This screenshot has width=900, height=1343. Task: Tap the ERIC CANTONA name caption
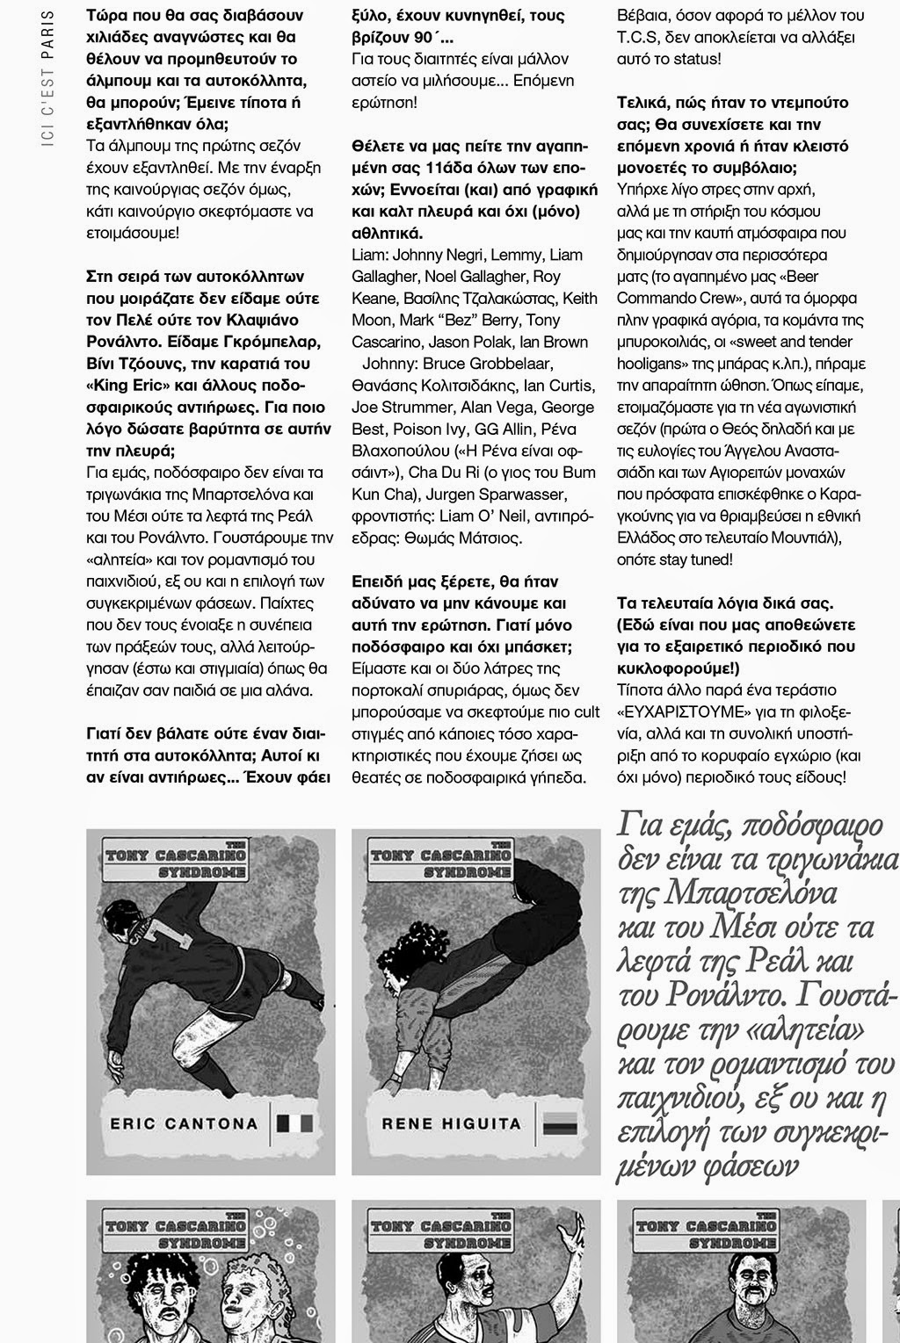[184, 1123]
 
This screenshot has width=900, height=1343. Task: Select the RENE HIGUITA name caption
[451, 1123]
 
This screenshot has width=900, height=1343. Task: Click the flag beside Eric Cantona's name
[289, 1123]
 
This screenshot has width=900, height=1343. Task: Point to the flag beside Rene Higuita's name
[559, 1123]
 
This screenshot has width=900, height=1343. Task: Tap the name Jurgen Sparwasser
[502, 516]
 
